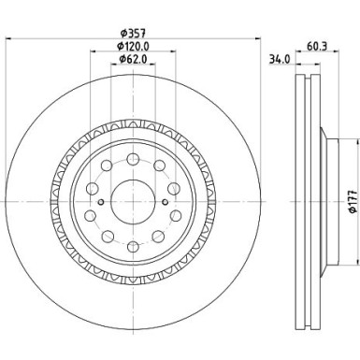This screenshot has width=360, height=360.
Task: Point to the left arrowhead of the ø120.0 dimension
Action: click(93, 52)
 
